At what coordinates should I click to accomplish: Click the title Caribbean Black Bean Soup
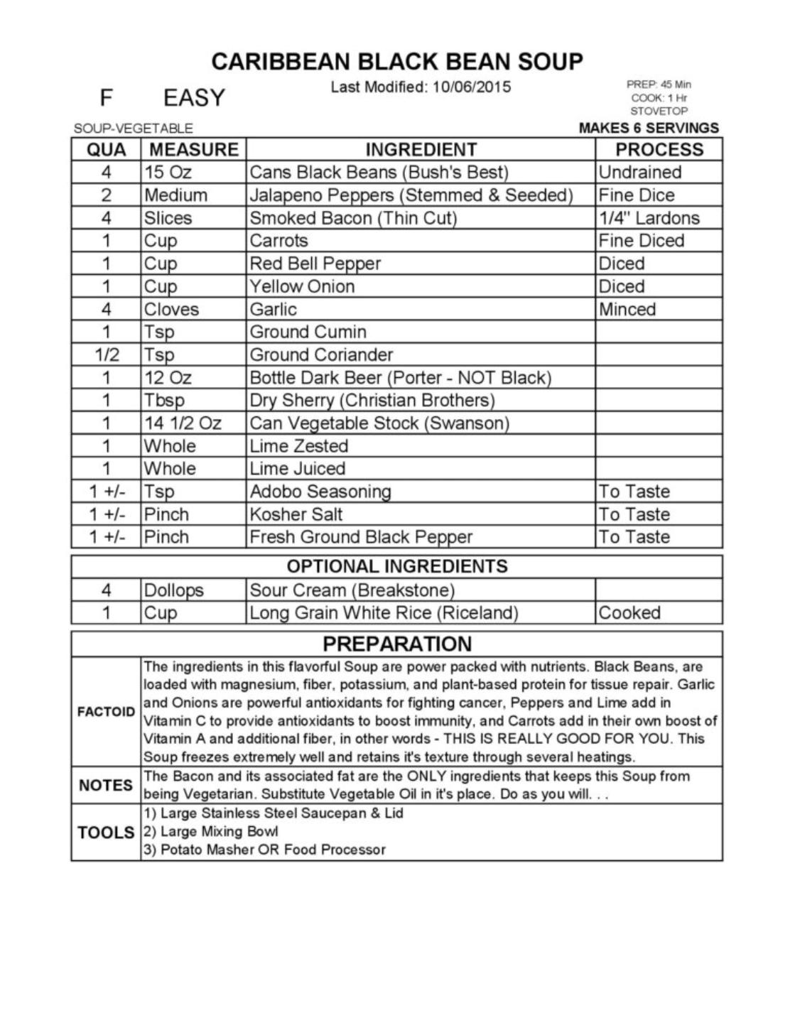click(x=397, y=62)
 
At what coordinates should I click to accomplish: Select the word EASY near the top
click(x=194, y=97)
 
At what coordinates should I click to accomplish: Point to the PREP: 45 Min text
click(x=658, y=85)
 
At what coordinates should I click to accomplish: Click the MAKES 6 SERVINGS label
click(x=649, y=128)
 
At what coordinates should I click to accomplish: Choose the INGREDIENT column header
click(x=421, y=150)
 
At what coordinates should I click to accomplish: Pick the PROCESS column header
click(x=659, y=150)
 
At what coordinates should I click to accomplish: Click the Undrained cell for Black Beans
click(x=639, y=173)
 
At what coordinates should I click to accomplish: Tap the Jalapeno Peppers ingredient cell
click(x=411, y=195)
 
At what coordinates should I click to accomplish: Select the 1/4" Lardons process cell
click(x=649, y=218)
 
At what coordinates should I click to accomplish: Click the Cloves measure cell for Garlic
click(x=171, y=309)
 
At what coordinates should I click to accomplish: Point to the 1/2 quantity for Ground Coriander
click(x=107, y=354)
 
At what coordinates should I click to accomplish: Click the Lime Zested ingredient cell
click(x=298, y=446)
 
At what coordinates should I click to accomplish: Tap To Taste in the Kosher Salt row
click(x=634, y=514)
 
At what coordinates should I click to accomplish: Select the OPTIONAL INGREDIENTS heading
click(x=397, y=566)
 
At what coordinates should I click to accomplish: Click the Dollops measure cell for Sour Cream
click(x=173, y=590)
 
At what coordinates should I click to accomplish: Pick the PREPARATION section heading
click(x=397, y=644)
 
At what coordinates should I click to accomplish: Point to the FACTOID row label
click(x=106, y=712)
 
